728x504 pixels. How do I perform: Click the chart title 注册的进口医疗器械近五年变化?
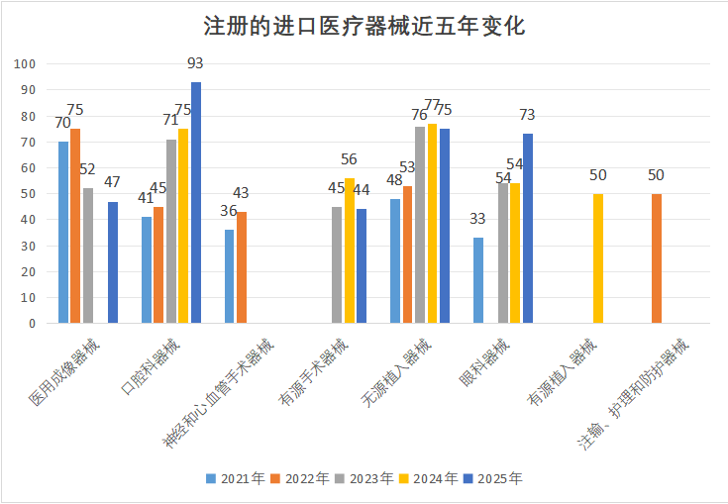(x=364, y=26)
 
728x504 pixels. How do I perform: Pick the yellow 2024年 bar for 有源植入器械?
(x=598, y=258)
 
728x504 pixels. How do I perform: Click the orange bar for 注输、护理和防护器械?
(x=657, y=258)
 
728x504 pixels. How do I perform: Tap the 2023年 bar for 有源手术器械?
(x=337, y=264)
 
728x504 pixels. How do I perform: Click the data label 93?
(x=195, y=63)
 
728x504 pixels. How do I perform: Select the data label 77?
(x=432, y=105)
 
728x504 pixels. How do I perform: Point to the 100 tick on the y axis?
(x=26, y=64)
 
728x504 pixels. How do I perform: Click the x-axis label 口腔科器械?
(x=152, y=367)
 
